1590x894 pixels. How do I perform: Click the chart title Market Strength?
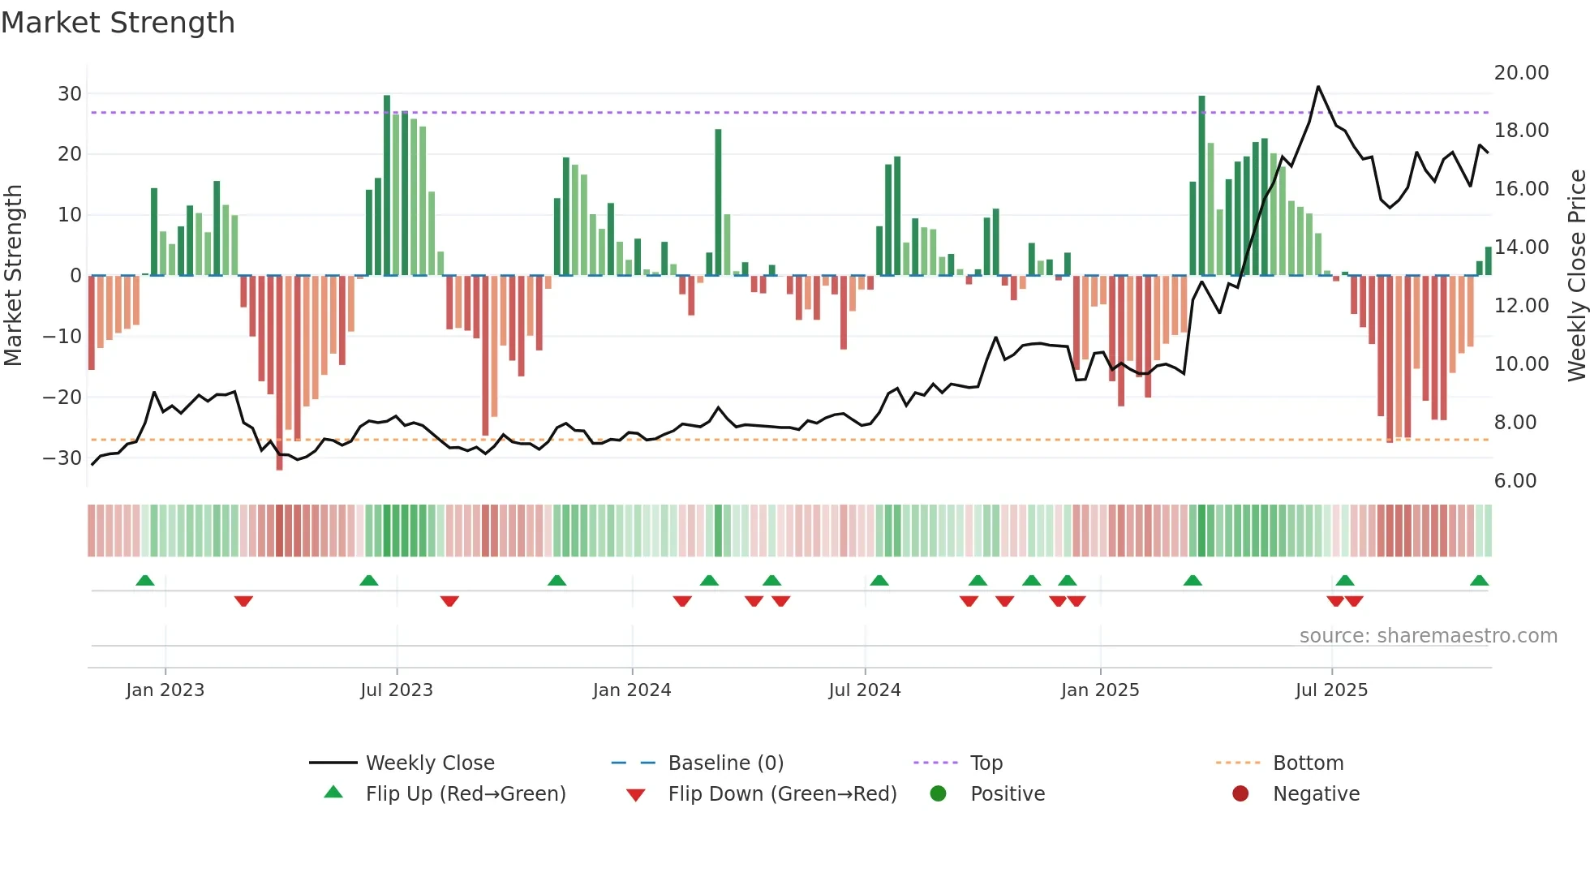(x=118, y=23)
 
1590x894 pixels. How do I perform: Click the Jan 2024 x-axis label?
(x=632, y=690)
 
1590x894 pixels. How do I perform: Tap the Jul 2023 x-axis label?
(x=397, y=690)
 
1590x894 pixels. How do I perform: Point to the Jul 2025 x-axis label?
(x=1331, y=690)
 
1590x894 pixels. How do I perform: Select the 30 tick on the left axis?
(x=70, y=93)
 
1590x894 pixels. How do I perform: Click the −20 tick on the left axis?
(x=63, y=397)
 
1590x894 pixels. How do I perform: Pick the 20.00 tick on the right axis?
(x=1521, y=72)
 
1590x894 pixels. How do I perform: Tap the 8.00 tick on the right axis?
(x=1515, y=422)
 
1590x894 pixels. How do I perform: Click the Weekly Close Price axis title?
(x=1576, y=276)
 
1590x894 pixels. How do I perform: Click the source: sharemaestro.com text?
(x=1428, y=635)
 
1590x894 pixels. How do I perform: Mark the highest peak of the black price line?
(x=1317, y=86)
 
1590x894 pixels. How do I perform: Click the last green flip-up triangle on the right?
(x=1479, y=580)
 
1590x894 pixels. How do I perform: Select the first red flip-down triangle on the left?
(x=243, y=601)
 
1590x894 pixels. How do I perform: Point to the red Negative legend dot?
(x=1240, y=793)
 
